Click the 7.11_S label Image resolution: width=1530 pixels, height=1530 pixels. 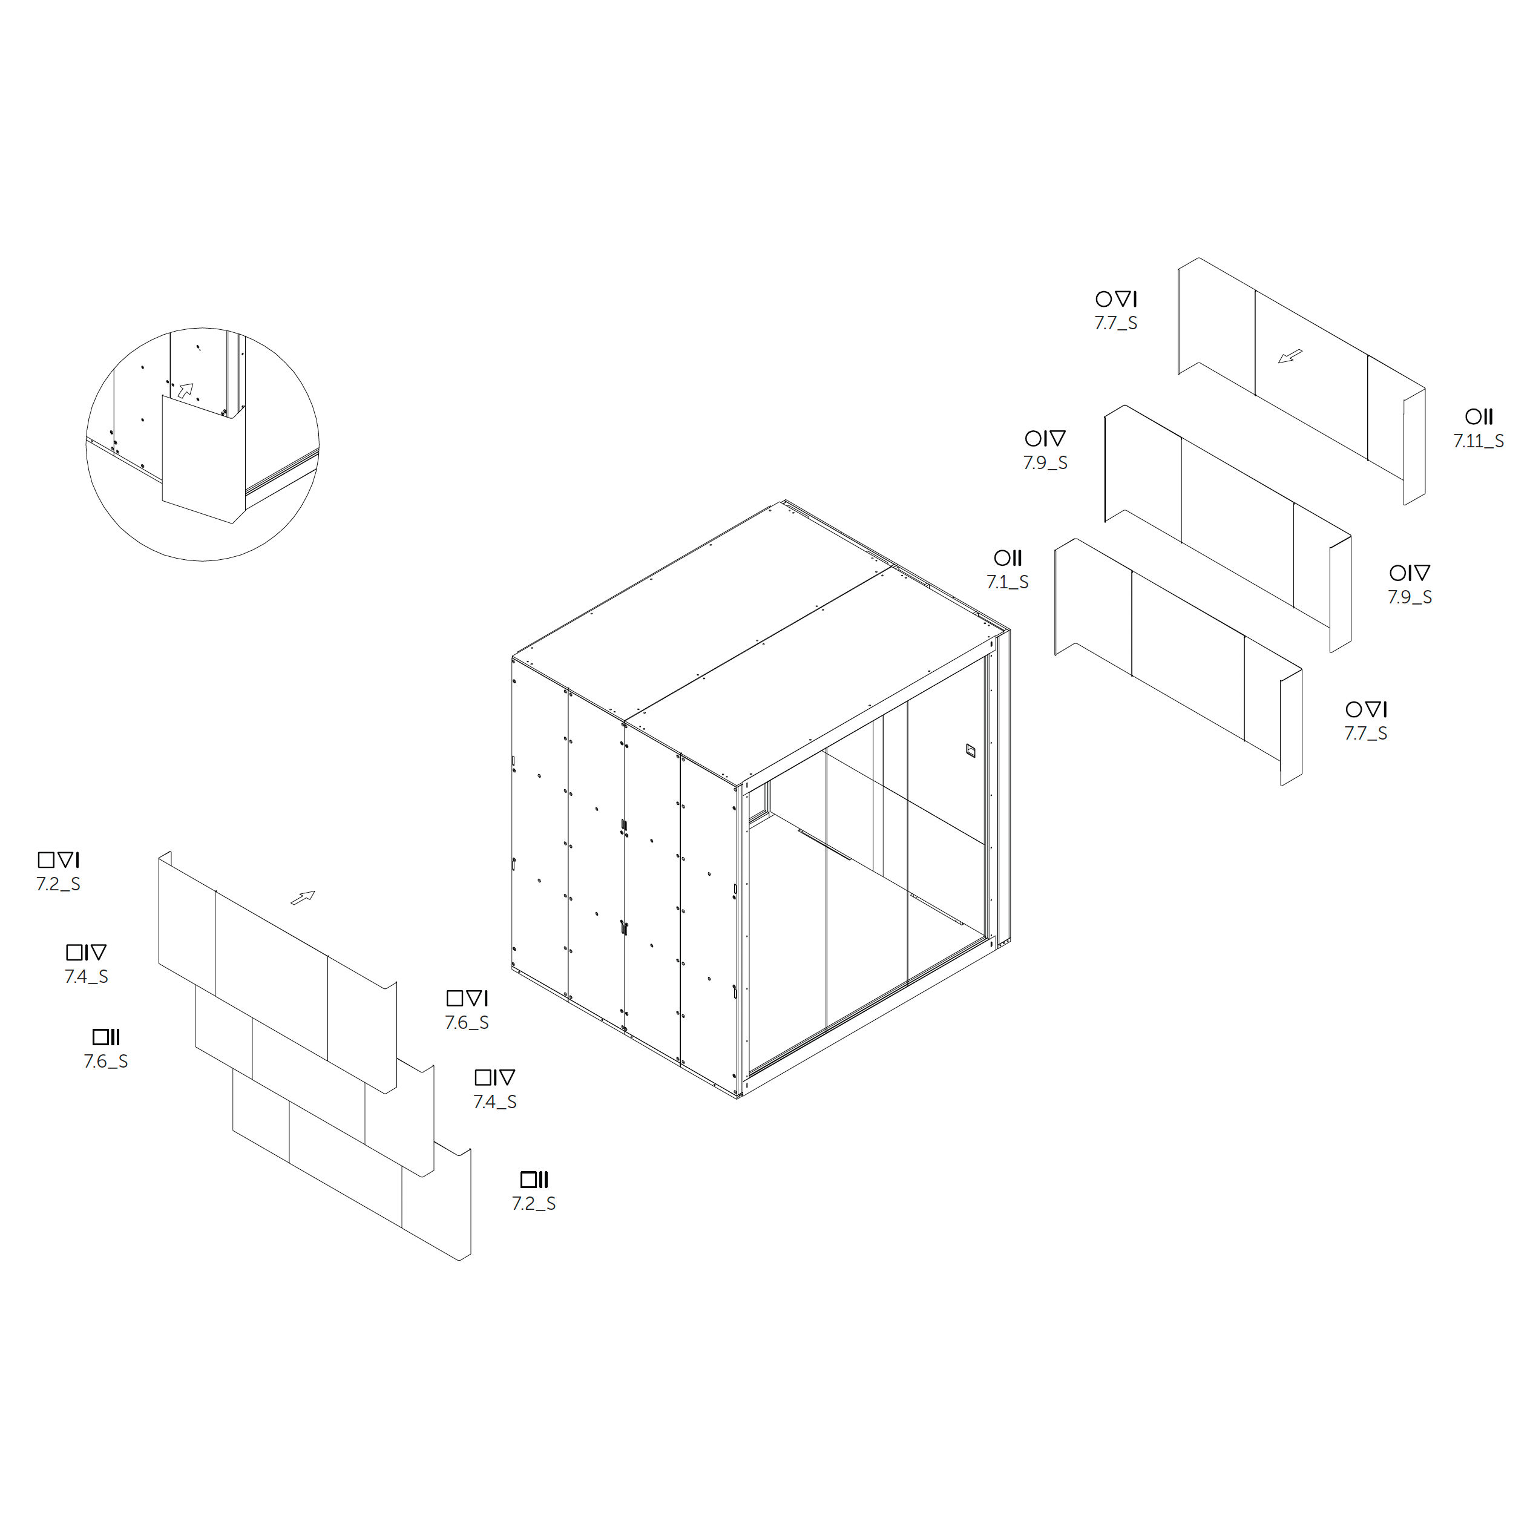point(1478,441)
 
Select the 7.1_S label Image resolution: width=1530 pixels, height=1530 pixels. point(1007,582)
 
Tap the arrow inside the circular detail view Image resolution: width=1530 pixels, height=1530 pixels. point(185,390)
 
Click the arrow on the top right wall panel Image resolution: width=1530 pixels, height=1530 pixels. point(1290,357)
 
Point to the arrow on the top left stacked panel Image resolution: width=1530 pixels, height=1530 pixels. point(303,898)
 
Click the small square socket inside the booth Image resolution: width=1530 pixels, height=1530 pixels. point(970,750)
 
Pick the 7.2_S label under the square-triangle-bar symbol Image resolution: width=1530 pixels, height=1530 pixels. point(59,885)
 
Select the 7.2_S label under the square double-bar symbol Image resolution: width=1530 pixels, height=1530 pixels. point(534,1204)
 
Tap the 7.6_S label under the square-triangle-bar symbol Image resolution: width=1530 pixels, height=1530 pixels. point(467,1022)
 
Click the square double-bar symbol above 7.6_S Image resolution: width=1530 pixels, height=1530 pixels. point(106,1037)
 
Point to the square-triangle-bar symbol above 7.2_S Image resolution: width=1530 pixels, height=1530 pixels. point(59,860)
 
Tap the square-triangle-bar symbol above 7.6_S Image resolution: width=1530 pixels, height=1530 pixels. point(467,998)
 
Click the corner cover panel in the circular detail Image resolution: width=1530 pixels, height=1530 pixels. point(200,459)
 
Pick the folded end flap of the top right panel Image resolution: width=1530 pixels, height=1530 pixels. point(1414,447)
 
